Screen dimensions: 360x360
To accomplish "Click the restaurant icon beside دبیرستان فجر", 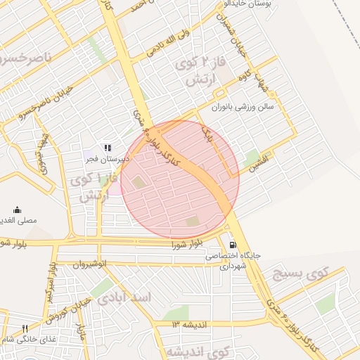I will pyautogui.click(x=107, y=148).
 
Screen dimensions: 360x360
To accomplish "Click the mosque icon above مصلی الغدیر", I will pyautogui.click(x=18, y=210).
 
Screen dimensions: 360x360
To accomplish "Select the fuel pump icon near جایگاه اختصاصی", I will pyautogui.click(x=233, y=245).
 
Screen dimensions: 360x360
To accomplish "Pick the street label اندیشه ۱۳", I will pyautogui.click(x=190, y=324).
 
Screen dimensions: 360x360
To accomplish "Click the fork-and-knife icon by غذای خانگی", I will pyautogui.click(x=25, y=328).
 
